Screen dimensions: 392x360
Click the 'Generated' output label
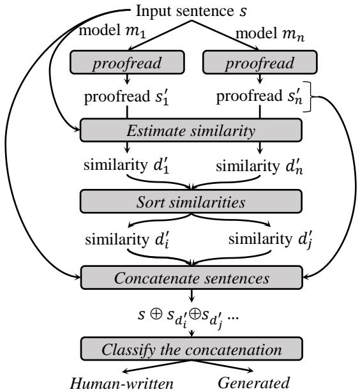(263, 383)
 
